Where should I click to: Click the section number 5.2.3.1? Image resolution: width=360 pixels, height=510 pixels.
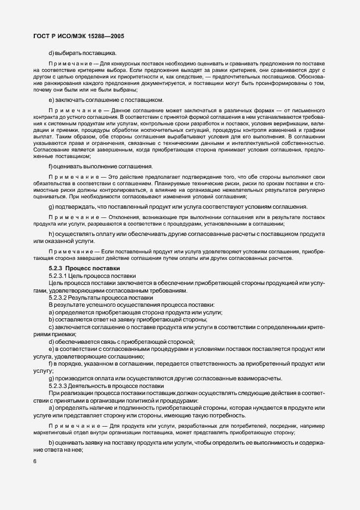click(x=60, y=276)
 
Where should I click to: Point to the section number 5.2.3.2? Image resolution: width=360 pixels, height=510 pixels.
click(x=60, y=298)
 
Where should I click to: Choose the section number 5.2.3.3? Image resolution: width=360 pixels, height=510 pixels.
click(x=60, y=386)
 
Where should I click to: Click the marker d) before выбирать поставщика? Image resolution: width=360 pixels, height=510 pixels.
click(x=51, y=53)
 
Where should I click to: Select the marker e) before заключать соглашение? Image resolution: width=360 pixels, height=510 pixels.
click(x=51, y=100)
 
